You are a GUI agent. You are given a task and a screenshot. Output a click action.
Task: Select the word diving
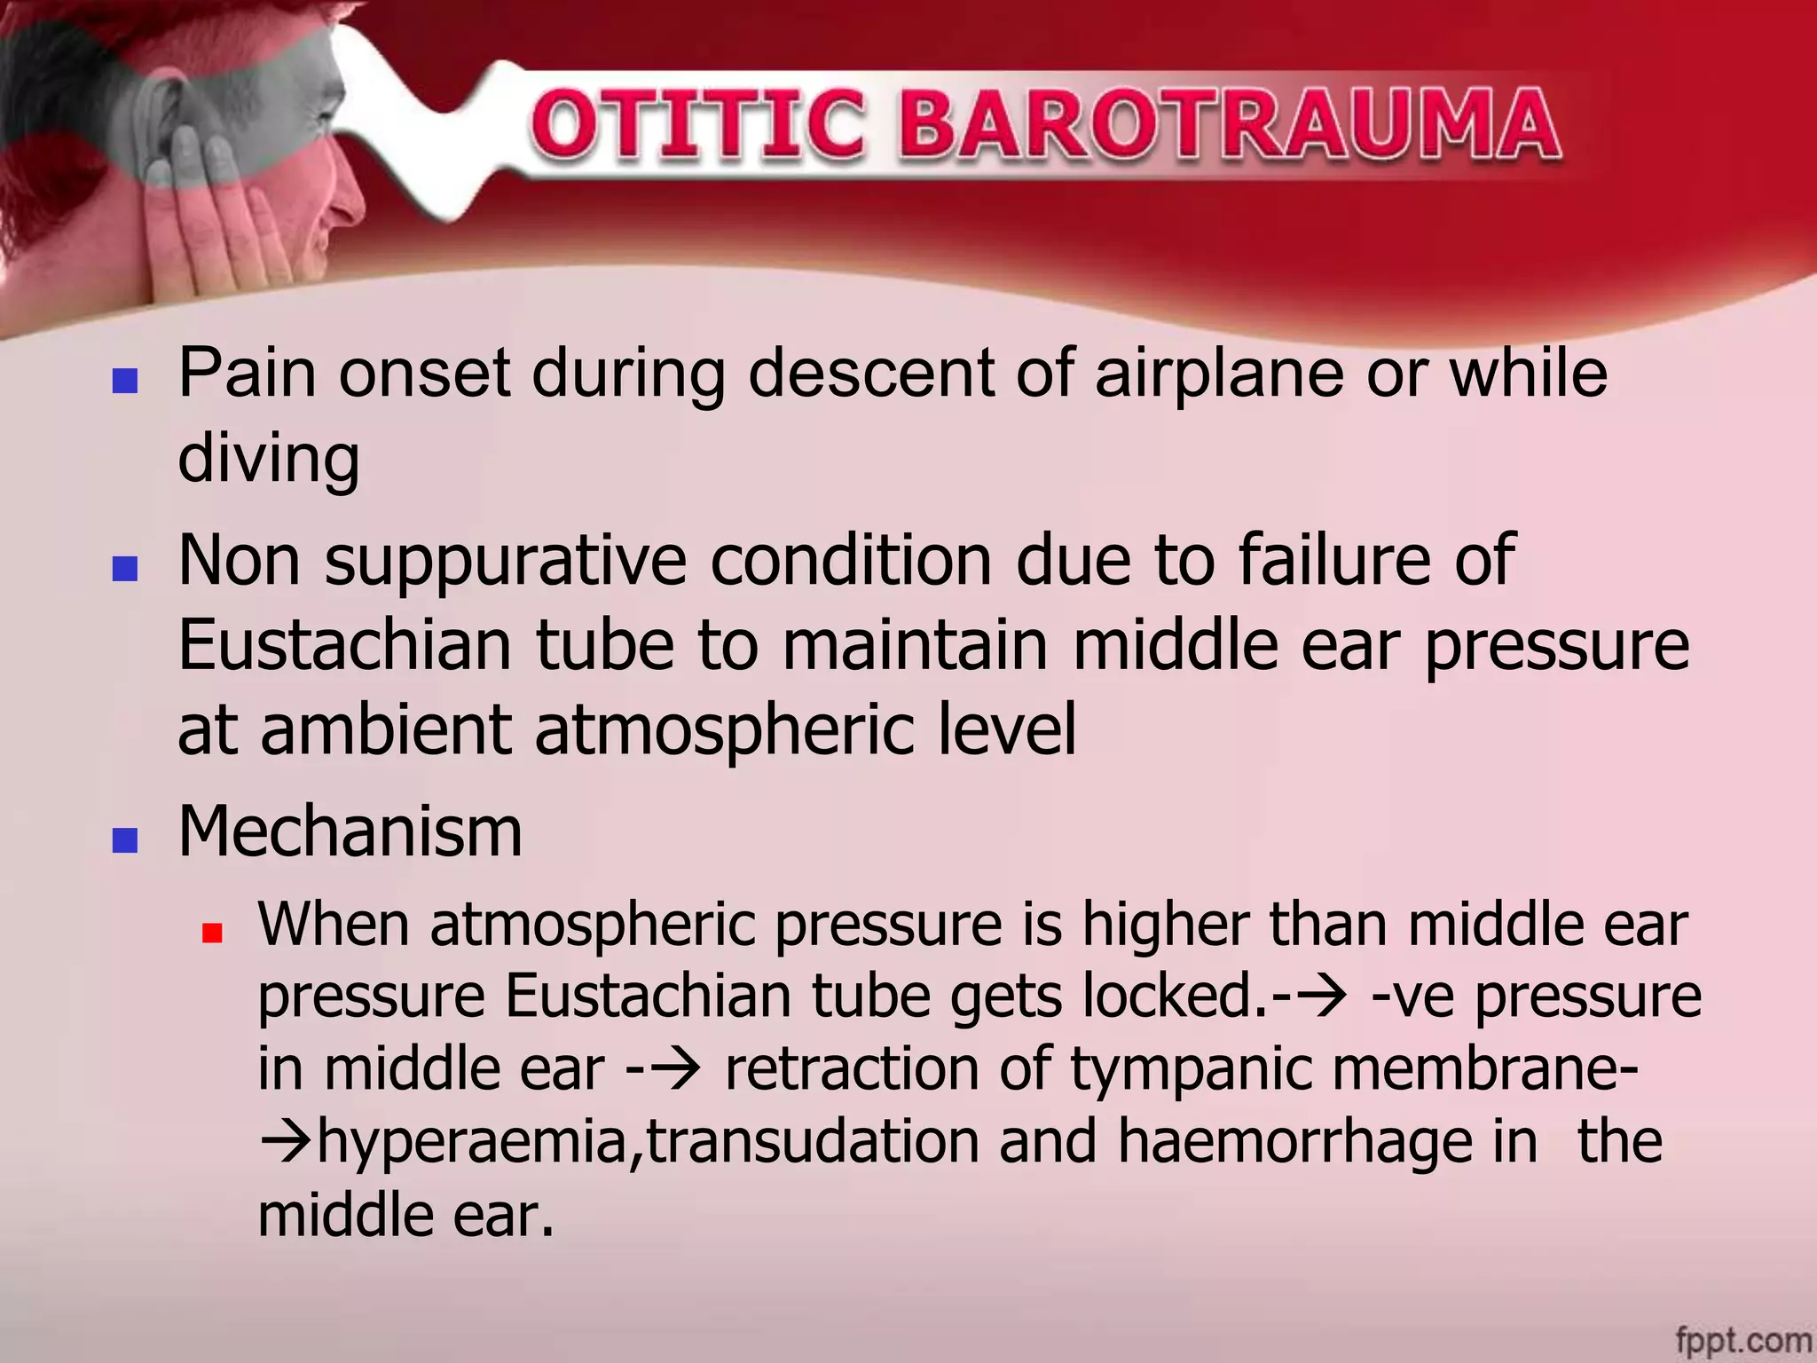click(x=269, y=460)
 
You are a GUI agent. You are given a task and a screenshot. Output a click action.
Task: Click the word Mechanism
click(x=350, y=832)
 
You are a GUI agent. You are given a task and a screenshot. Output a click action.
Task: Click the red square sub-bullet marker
click(x=211, y=933)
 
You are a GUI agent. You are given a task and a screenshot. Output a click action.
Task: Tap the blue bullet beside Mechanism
click(x=125, y=839)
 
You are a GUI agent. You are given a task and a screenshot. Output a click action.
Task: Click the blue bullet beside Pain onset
click(x=125, y=381)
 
